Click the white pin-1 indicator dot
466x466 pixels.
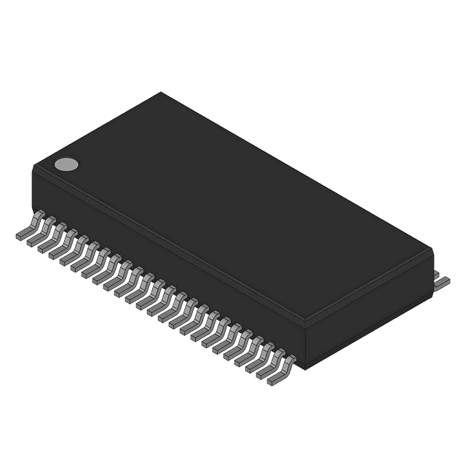(66, 164)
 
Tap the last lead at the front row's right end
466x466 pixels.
(283, 371)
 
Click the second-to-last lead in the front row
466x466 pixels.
(272, 364)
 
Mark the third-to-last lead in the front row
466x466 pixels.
(261, 358)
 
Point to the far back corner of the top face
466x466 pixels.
(161, 92)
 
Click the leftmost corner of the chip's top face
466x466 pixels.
(33, 167)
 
